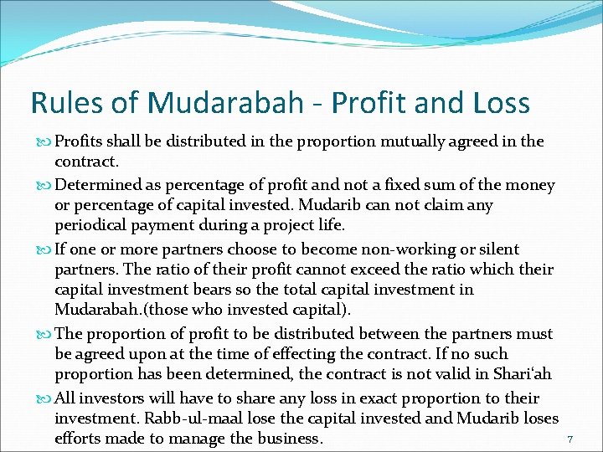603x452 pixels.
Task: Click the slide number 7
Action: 569,439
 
